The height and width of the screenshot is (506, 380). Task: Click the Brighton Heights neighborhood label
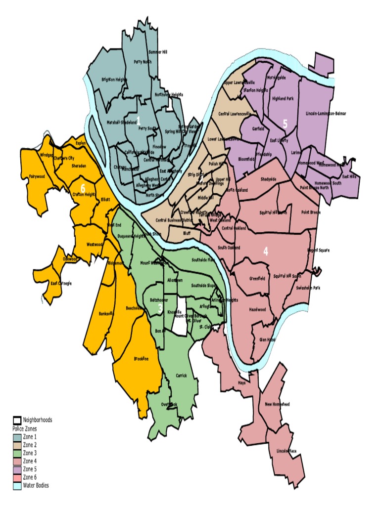[x=114, y=79]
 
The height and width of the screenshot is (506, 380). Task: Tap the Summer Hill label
[x=158, y=52]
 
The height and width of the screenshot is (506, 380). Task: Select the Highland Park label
[x=283, y=99]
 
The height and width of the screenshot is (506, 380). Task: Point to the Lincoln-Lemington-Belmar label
[x=326, y=114]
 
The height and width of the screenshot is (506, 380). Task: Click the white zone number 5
[x=285, y=124]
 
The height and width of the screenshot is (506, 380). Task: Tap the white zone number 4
[x=266, y=251]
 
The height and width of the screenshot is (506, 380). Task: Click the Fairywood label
[x=37, y=176]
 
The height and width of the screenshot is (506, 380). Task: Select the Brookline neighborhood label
[x=141, y=359]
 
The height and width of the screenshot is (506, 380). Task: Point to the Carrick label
[x=181, y=376]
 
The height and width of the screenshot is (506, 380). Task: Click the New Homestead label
[x=278, y=404]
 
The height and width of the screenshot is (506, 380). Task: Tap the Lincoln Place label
[x=286, y=451]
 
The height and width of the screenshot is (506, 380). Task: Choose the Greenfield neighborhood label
[x=257, y=278]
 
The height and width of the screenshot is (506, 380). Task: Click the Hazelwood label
[x=257, y=309]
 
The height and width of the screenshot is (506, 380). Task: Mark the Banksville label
[x=106, y=313]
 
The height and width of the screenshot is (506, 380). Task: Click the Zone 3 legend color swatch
[x=17, y=453]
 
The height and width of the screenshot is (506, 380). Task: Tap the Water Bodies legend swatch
[x=17, y=485]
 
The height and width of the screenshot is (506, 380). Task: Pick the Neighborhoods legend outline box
[x=17, y=420]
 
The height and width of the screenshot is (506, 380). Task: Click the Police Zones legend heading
[x=25, y=428]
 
